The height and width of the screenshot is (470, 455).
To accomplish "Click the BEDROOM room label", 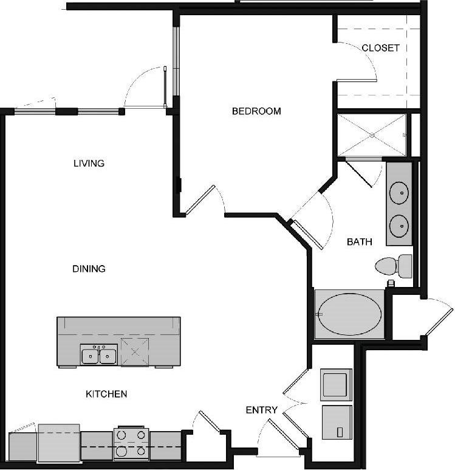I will coord(256,111).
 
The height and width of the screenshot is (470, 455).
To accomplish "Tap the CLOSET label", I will coord(380,47).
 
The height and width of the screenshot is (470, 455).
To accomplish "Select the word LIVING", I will coord(89,163).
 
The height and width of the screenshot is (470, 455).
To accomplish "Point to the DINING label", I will coord(89,268).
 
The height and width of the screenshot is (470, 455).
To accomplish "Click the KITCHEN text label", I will coord(106,394).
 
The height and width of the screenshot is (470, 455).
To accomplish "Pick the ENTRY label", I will coord(261,410).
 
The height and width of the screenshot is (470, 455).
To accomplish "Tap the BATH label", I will coord(359,241).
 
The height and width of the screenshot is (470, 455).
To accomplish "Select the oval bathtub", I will coord(351,314).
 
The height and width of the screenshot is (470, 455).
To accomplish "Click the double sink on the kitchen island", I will coord(98,354).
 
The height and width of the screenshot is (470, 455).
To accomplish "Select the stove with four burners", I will coord(131,443).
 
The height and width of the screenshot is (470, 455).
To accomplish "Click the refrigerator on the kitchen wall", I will coord(59,443).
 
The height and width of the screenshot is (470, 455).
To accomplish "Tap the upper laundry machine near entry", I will coord(335,384).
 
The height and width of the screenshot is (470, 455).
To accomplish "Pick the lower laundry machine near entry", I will coord(335,422).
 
